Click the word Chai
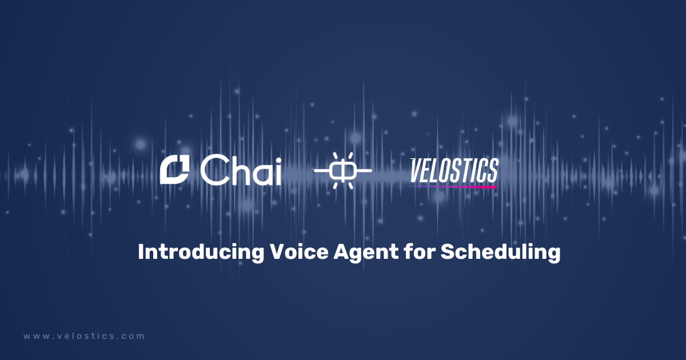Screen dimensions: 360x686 coord(241,170)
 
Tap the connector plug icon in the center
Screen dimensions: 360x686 coord(343,171)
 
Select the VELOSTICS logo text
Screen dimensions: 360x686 coord(454,170)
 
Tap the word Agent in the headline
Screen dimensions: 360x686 coord(365,253)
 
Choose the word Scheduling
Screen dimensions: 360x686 coord(500,253)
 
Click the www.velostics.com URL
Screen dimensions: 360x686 coord(84,337)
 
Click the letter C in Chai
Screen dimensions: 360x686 coord(213,171)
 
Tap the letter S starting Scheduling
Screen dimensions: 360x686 coord(446,252)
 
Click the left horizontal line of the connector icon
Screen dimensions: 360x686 coord(321,171)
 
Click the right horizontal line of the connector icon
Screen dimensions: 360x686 coord(364,171)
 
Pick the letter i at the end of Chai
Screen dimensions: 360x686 coord(278,170)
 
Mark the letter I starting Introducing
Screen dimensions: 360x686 coord(141,252)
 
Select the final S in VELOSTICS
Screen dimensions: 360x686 coord(492,170)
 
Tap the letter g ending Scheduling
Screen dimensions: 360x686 coord(553,254)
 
